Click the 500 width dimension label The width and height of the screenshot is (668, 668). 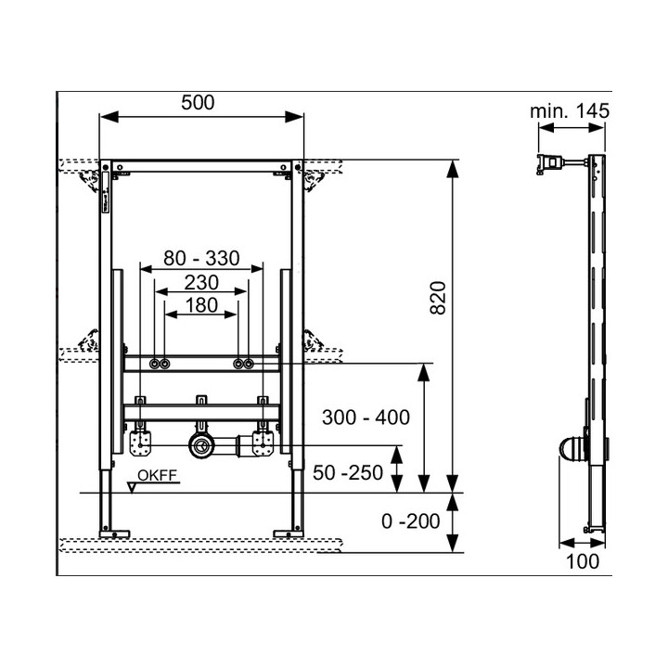(198, 103)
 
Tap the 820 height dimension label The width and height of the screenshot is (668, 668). (438, 298)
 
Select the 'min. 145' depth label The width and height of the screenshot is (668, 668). (570, 111)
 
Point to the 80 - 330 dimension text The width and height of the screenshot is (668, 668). (201, 258)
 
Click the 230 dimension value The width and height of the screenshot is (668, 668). (201, 282)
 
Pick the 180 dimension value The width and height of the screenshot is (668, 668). (201, 305)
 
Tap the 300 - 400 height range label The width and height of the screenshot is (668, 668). (366, 417)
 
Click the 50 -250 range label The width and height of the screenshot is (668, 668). (348, 473)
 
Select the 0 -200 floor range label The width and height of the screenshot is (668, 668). (411, 521)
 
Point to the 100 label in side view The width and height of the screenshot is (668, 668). (583, 561)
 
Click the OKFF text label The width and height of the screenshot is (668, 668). (157, 475)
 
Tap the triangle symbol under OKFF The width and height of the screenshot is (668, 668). (132, 488)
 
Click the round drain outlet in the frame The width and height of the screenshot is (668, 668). (199, 446)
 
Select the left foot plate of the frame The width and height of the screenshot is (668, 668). (114, 533)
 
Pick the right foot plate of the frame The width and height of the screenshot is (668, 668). (288, 533)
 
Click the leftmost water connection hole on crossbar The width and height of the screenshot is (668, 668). (154, 364)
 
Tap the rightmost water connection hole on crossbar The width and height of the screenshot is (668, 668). (250, 364)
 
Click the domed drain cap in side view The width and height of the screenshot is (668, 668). (573, 449)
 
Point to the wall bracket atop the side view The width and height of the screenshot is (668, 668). (552, 164)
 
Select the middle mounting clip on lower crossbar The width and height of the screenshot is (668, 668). (201, 401)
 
